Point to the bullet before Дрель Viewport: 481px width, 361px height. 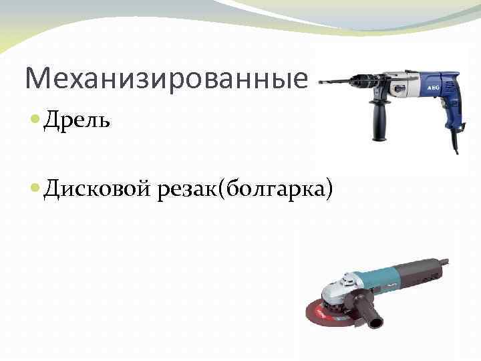pos(35,121)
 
